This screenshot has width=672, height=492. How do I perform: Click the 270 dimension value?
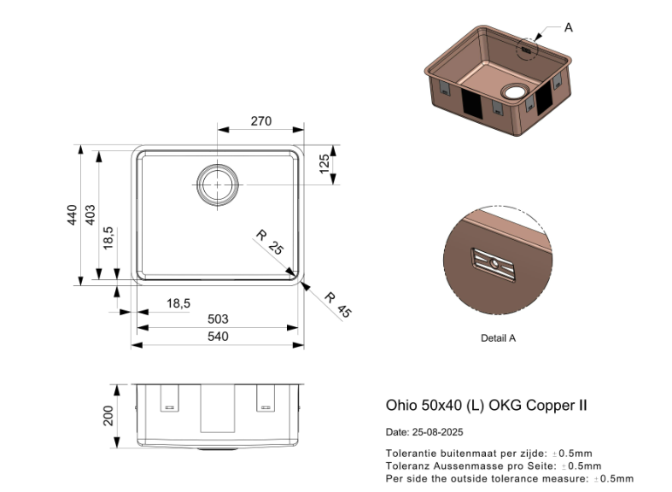click(260, 121)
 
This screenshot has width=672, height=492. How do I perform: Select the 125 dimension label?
click(324, 164)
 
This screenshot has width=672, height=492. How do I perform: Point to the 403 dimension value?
click(91, 214)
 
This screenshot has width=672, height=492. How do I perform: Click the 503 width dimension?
click(218, 319)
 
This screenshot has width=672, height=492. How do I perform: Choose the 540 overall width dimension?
click(218, 337)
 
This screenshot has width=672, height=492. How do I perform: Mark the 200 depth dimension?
click(108, 416)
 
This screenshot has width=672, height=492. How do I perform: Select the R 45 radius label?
click(337, 304)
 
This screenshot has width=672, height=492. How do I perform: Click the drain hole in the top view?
click(218, 184)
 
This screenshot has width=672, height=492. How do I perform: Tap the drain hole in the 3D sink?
click(516, 91)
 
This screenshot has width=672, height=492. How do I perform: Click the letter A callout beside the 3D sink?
click(569, 27)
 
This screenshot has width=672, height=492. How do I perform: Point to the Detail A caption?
click(498, 338)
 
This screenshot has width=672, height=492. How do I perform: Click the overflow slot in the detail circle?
click(494, 265)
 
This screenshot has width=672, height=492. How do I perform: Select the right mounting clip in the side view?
click(266, 399)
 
